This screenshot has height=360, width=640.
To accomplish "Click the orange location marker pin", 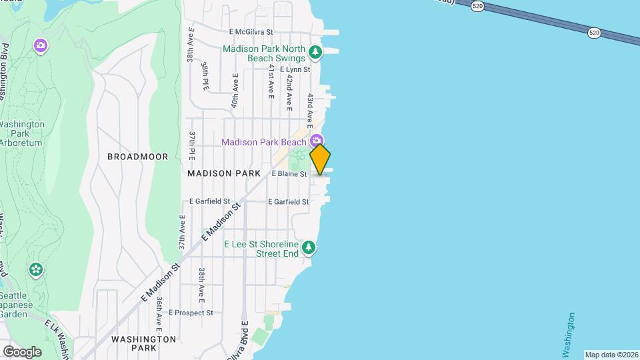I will tap(320, 159).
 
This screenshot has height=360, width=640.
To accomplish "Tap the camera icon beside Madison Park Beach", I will tap(316, 141).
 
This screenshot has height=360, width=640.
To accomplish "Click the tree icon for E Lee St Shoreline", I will tap(308, 248).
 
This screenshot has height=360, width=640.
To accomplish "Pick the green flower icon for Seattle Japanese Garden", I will tap(36, 270).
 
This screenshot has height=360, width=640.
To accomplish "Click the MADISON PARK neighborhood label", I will tap(223, 173).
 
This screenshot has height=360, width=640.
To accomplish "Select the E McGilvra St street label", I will tap(251, 31).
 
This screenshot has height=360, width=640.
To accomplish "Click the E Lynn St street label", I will tap(295, 69).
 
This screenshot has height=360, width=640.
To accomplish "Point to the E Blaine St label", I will tap(289, 174).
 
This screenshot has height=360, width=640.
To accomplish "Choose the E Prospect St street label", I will tap(191, 312).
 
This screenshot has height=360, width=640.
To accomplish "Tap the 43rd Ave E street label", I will tap(310, 107).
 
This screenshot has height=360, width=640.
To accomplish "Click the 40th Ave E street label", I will tap(235, 91).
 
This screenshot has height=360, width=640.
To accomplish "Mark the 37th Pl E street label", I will tap(191, 145).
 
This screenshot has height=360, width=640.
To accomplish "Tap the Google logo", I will tap(22, 351).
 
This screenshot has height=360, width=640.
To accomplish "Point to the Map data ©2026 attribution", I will tap(611, 355).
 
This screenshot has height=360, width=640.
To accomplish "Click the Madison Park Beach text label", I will tap(263, 141).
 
